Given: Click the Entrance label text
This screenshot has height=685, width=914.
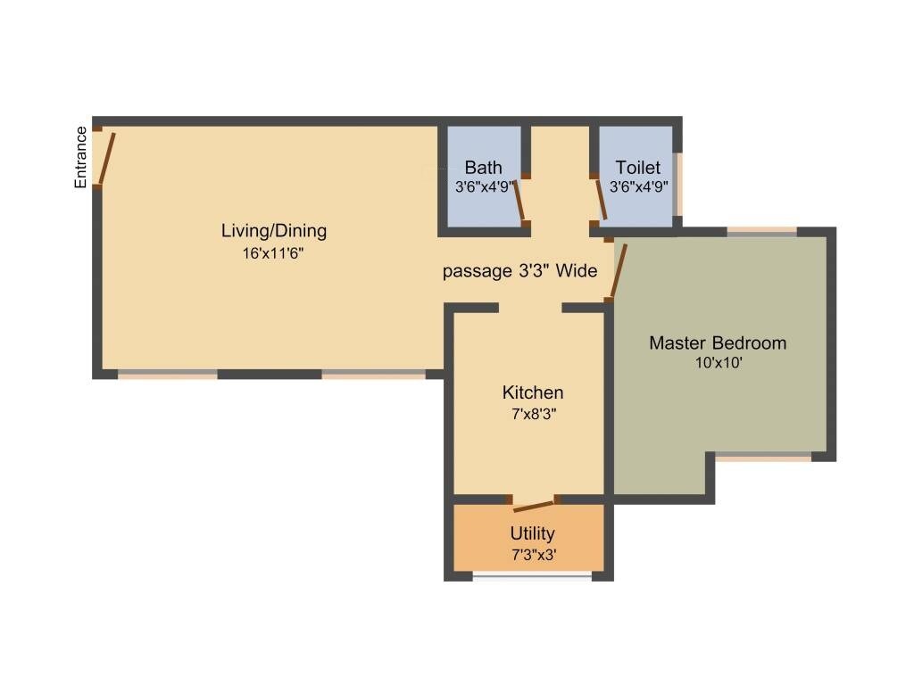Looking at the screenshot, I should coord(81,158).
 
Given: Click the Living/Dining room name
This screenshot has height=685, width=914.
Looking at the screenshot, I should coord(274,231).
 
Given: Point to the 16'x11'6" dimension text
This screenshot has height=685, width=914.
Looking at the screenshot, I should coord(274,252).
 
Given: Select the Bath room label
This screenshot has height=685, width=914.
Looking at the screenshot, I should coord(483,168).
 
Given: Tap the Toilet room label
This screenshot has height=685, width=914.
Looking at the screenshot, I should coord(638,168).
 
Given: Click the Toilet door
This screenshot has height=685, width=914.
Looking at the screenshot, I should coord(601,198).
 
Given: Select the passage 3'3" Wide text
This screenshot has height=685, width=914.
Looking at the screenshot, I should coord(519,271).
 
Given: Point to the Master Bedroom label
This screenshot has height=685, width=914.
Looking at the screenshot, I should coord(718,342).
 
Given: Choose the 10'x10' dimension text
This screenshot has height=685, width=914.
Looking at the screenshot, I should coord(719,363).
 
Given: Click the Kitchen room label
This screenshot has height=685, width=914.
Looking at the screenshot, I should coord(533,392).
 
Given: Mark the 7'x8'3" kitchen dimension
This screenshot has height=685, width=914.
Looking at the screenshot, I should coord(533,414).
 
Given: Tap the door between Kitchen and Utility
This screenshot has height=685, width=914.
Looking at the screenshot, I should coord(534,506).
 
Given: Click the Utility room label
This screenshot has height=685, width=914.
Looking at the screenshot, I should coord(533,533).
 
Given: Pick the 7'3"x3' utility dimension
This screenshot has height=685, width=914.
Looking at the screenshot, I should coord(533,554).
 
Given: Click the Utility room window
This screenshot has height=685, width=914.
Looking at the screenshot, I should coord(532,577).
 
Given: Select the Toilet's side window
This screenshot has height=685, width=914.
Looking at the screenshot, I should coord(678,184).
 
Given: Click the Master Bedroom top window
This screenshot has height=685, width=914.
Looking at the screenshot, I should coord(761,231).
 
